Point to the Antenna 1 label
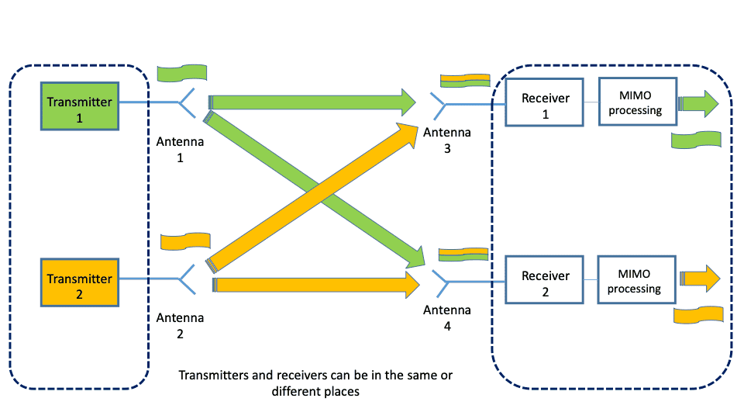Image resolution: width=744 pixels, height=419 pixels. pyautogui.click(x=181, y=149)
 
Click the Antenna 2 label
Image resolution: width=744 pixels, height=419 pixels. pyautogui.click(x=181, y=325)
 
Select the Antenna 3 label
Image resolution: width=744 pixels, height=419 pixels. pyautogui.click(x=447, y=140)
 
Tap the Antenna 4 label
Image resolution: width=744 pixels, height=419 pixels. pyautogui.click(x=447, y=318)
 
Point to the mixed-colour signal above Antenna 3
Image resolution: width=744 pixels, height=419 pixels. pyautogui.click(x=464, y=80)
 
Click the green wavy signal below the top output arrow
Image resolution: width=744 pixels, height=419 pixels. pyautogui.click(x=696, y=140)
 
